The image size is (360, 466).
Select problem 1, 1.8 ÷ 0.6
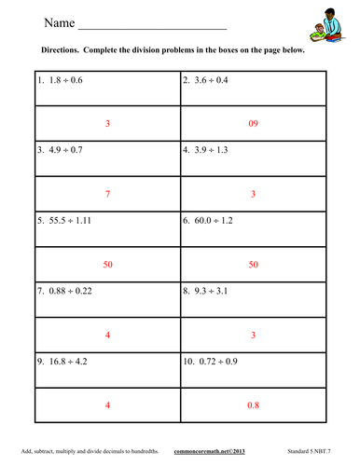click(61, 80)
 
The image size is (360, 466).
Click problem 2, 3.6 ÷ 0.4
click(210, 80)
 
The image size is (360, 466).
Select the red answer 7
click(108, 194)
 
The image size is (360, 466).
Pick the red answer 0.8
click(253, 406)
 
